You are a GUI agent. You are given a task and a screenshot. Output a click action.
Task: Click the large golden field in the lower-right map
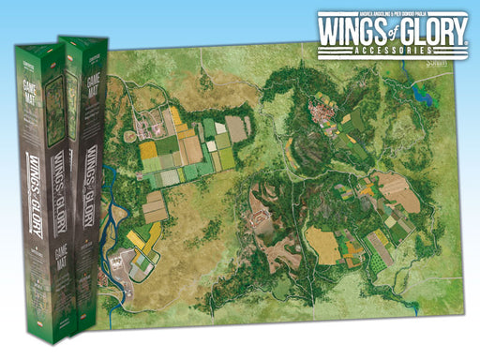[x=326, y=245]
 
